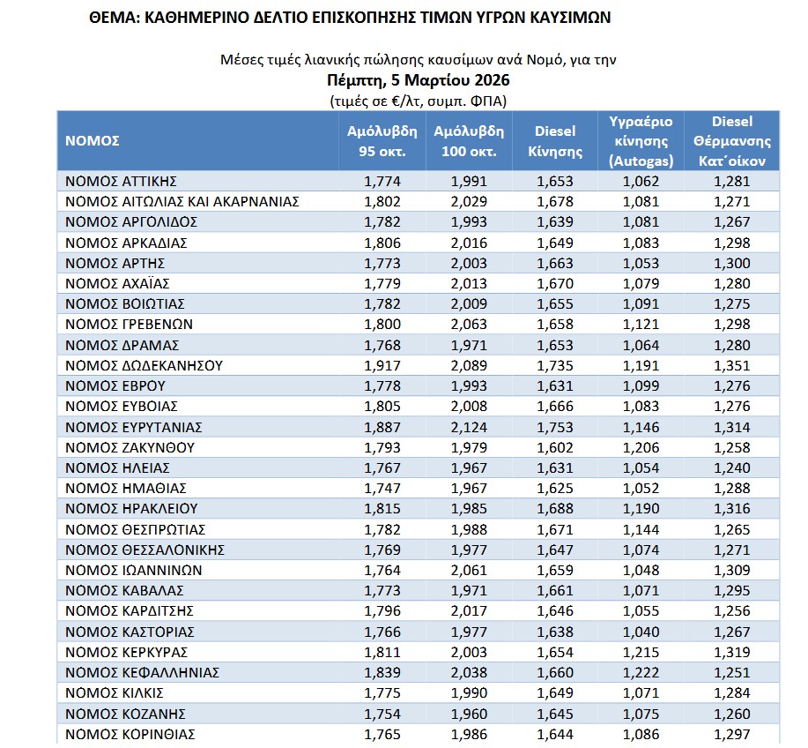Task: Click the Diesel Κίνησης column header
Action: pyautogui.click(x=555, y=141)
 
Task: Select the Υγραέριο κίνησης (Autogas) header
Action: pyautogui.click(x=641, y=141)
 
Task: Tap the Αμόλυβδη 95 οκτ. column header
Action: pyautogui.click(x=382, y=141)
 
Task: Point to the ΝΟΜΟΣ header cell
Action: pyautogui.click(x=93, y=141)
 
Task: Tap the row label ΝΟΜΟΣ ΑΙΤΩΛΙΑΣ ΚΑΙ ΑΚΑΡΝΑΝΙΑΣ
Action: pyautogui.click(x=182, y=202)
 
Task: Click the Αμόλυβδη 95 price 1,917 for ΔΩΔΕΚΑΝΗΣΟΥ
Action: pyautogui.click(x=382, y=366)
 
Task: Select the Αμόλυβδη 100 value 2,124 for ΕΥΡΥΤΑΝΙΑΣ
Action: pyautogui.click(x=468, y=427)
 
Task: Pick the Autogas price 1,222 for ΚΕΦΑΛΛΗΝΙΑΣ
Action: pyautogui.click(x=641, y=673)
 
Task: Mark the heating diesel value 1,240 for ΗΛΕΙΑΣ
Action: pyautogui.click(x=732, y=468)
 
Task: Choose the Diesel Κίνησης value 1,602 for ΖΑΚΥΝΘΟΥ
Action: pyautogui.click(x=555, y=448)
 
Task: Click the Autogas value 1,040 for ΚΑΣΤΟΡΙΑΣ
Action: pyautogui.click(x=641, y=632)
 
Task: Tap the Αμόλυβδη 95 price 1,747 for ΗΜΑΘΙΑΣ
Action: pyautogui.click(x=382, y=489)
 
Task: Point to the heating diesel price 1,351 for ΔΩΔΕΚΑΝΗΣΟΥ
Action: pyautogui.click(x=732, y=366)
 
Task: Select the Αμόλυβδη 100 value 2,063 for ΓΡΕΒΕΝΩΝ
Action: pyautogui.click(x=468, y=325)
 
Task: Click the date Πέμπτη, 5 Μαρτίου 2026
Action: pyautogui.click(x=419, y=80)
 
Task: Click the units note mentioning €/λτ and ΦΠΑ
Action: pyautogui.click(x=419, y=100)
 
